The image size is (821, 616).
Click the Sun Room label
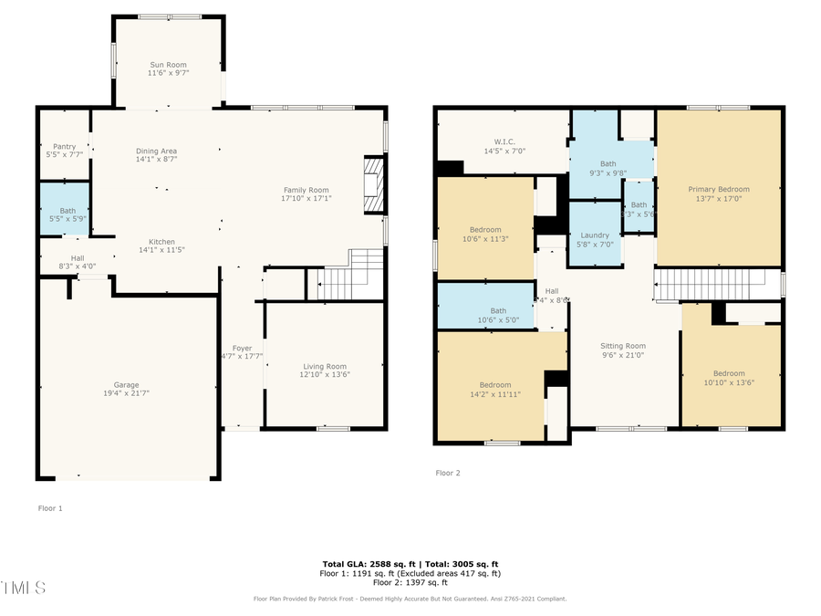coord(168,65)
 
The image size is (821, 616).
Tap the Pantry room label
coord(64,146)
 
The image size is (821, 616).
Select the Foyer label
coord(242,349)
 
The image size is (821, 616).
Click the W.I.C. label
coord(504,141)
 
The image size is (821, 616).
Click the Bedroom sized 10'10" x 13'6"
coord(729,378)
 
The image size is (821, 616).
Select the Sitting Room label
coord(623,346)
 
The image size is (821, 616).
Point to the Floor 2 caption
coord(448,473)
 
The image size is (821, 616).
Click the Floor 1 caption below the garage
coord(49,507)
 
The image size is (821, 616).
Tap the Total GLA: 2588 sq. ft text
coord(362,565)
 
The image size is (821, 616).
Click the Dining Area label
coord(156,151)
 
